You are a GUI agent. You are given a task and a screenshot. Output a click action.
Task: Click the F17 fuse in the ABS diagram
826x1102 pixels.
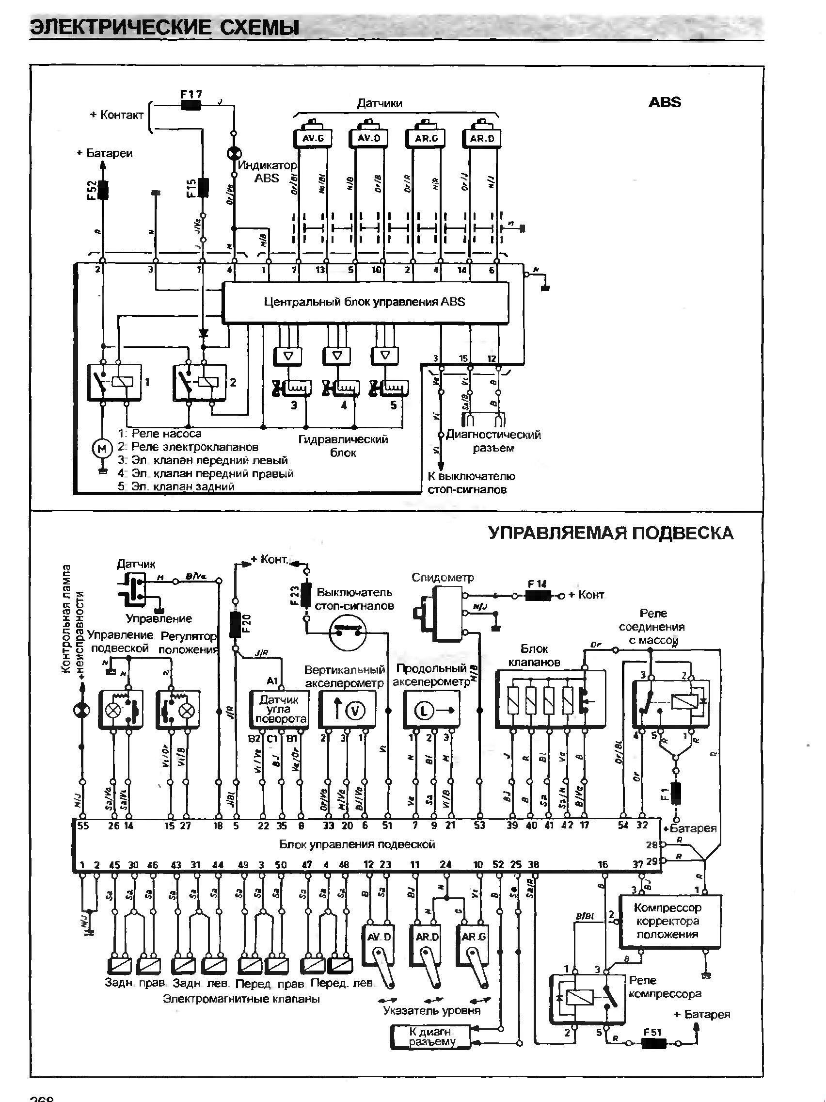coord(191,105)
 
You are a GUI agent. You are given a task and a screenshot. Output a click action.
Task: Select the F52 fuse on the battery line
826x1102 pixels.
coord(103,189)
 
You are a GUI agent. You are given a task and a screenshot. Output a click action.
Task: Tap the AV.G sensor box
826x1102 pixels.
coord(313,138)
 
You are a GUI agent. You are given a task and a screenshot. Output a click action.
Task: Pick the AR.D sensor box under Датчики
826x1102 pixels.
coord(482,138)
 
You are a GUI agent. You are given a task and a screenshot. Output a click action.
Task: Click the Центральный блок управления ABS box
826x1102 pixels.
coord(365,302)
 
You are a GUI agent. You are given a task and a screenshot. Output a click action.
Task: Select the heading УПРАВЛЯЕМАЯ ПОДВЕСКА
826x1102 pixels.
coord(610,533)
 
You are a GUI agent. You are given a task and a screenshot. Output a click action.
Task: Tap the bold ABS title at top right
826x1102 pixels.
coord(664,103)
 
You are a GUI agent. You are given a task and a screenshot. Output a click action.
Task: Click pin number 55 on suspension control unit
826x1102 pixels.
coord(83,826)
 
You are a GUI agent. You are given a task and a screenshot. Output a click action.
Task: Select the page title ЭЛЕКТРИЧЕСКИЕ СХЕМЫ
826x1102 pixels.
coord(165,28)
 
